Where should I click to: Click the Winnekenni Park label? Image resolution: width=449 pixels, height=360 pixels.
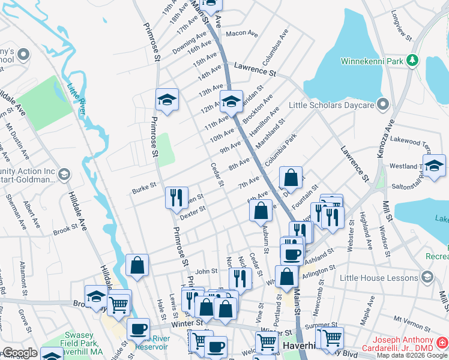point(371,61)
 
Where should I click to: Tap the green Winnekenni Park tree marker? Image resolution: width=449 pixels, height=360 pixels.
point(412,60)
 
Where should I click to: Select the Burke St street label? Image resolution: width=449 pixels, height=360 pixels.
point(144,191)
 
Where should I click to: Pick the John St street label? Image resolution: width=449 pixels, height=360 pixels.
point(205,271)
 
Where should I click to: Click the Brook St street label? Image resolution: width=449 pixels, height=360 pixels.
point(65,229)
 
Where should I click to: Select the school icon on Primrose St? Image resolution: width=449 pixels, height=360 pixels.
point(167,100)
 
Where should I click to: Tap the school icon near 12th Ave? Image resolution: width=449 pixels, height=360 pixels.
point(231,102)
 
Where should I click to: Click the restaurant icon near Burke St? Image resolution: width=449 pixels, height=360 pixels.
point(176,197)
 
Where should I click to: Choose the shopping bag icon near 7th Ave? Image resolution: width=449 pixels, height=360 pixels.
point(291,178)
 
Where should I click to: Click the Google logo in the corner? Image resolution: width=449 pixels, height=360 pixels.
point(20,353)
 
